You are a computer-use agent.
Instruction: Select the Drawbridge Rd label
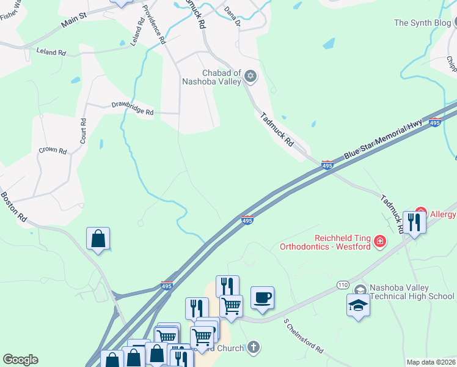(132, 108)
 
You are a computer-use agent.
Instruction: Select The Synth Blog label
(422, 23)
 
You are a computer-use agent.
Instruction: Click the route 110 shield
(343, 285)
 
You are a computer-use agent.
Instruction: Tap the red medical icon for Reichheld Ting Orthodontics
(380, 242)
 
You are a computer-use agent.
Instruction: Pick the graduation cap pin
(358, 305)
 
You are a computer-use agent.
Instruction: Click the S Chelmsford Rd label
(303, 335)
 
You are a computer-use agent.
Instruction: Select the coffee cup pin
(262, 297)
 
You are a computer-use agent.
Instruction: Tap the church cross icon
(254, 347)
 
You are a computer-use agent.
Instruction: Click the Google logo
(20, 360)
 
